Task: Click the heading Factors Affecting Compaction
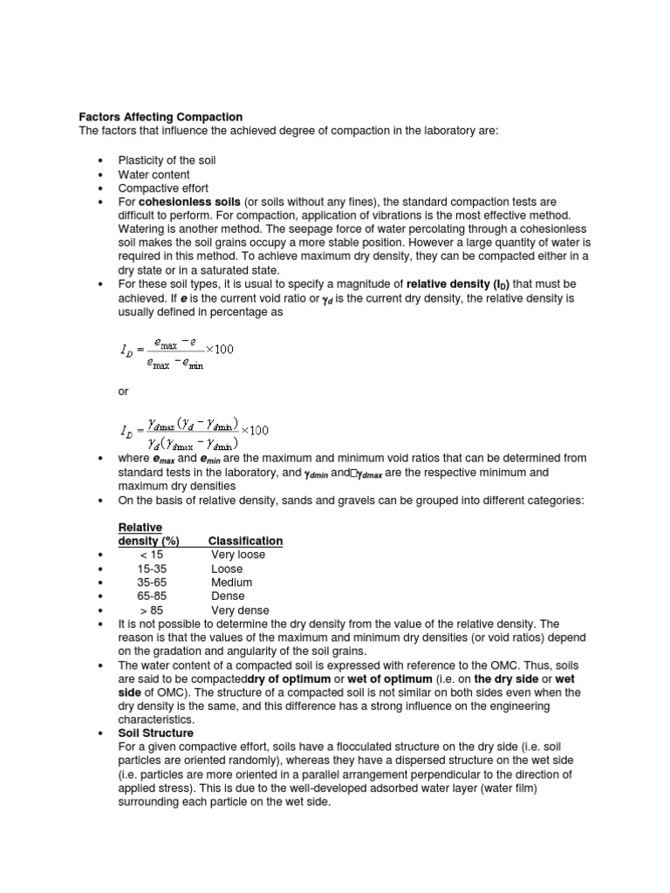click(161, 117)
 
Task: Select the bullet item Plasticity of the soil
click(167, 160)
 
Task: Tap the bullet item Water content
click(154, 174)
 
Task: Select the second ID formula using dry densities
click(195, 431)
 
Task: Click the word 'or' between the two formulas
click(123, 392)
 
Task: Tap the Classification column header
click(245, 541)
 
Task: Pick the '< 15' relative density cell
click(150, 555)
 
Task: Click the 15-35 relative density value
click(153, 569)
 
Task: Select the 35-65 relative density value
click(153, 583)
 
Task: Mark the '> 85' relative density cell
click(151, 610)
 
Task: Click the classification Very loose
click(238, 555)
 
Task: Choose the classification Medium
click(231, 583)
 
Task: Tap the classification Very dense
click(240, 610)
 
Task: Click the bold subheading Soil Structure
click(156, 733)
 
